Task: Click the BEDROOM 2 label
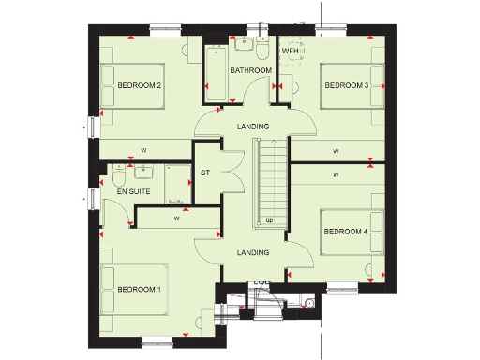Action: click(140, 86)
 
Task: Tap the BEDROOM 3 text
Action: click(346, 86)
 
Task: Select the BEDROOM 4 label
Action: click(345, 232)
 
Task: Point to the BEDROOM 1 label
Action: click(139, 290)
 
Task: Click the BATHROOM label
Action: click(251, 70)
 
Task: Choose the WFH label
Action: click(290, 51)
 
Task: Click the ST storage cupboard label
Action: click(205, 173)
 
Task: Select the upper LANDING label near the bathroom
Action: click(253, 127)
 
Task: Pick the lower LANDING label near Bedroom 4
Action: click(253, 252)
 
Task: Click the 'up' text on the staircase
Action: click(270, 221)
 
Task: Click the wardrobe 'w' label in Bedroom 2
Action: click(143, 150)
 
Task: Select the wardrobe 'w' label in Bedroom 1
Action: click(176, 218)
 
